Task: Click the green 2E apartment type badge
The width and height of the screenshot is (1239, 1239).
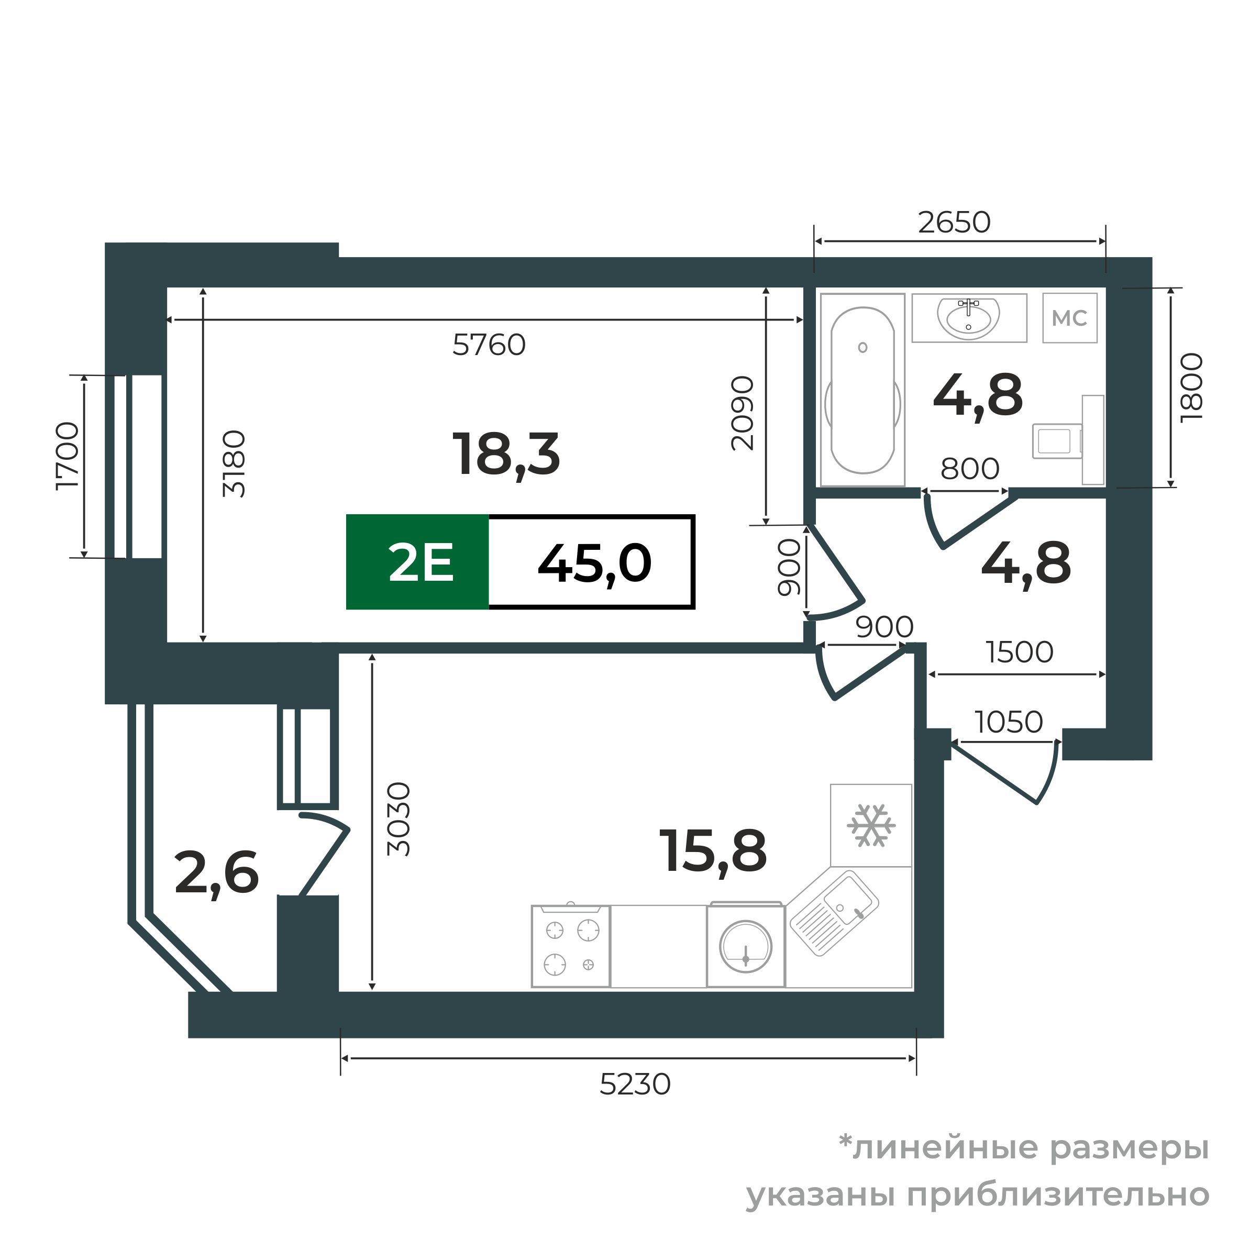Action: [417, 562]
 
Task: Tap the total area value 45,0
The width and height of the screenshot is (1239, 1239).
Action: [594, 562]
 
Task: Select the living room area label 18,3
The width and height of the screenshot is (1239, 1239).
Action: [506, 455]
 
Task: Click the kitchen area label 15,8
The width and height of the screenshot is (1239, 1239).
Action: [713, 851]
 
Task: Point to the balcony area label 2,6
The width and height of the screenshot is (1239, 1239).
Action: [216, 873]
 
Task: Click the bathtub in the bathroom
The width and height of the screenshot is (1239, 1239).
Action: [862, 390]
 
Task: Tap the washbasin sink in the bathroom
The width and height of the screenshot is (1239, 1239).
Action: [968, 317]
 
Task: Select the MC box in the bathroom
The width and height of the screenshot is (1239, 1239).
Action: [1069, 318]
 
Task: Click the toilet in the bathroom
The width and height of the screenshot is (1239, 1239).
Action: [1058, 440]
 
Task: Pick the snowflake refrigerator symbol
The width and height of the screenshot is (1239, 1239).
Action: [870, 825]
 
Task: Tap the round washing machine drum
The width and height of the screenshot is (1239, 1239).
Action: [745, 947]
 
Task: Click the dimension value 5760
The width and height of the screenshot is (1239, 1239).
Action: [489, 345]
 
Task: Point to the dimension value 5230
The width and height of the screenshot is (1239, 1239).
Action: [635, 1085]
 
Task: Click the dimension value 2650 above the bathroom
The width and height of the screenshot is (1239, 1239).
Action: [954, 223]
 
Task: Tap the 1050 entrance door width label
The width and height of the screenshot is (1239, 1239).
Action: [1009, 722]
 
